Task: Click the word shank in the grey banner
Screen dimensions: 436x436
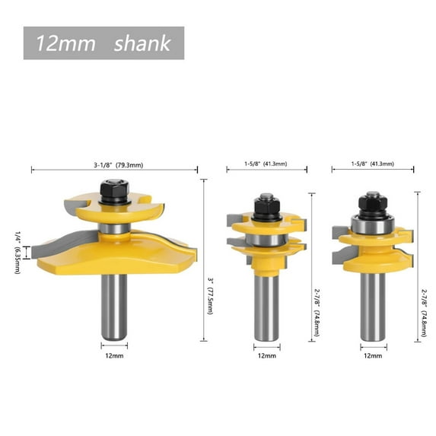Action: click(x=142, y=43)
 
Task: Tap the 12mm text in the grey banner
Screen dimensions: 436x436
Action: click(x=69, y=43)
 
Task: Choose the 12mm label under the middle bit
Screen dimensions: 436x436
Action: click(x=267, y=354)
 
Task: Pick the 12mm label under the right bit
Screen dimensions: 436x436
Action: click(x=373, y=354)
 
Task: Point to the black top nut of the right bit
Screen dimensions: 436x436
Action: click(x=372, y=201)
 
